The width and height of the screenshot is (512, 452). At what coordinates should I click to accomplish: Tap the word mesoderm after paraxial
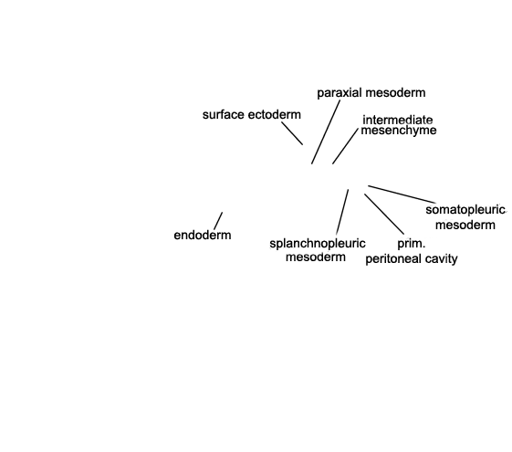coord(394,93)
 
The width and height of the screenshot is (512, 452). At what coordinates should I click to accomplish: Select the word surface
coord(224,115)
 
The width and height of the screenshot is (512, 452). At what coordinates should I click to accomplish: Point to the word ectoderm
coord(274,115)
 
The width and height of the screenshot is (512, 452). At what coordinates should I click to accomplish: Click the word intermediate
coord(398,120)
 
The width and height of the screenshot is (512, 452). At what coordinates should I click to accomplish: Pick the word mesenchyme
coord(399,131)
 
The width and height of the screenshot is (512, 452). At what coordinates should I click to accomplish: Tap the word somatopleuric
coord(465,210)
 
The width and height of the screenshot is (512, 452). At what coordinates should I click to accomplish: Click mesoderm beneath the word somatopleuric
coord(465,225)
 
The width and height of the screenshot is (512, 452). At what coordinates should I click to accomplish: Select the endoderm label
coord(203,236)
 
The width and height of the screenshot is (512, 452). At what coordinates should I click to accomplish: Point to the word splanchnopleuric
coord(318,244)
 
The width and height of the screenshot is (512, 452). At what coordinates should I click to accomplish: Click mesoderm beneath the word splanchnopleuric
coord(316,257)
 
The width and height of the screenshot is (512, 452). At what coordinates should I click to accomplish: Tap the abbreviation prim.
coord(412,244)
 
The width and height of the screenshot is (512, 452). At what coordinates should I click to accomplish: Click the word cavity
coord(441,259)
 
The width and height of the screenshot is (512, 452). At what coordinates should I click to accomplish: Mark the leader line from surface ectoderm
coord(292,133)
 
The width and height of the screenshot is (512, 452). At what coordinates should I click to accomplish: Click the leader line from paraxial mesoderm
coord(326,131)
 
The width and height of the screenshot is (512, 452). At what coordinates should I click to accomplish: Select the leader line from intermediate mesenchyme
coord(345,146)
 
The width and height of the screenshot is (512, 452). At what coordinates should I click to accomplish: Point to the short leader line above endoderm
coord(218,221)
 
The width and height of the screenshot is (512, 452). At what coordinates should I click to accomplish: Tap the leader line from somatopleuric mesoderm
coord(402,194)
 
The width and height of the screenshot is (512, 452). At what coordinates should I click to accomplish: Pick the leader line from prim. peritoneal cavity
coord(384,214)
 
